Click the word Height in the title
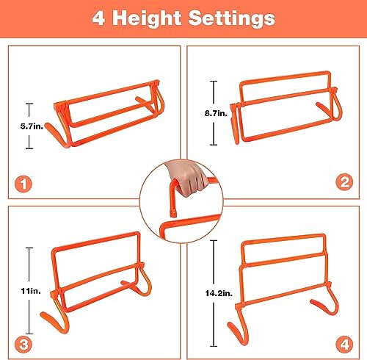coord(147,19)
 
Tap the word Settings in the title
coord(232,18)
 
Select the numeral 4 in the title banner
coord(98,18)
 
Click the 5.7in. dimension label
coord(32,126)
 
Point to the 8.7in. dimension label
coord(216,113)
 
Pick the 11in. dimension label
coord(31,291)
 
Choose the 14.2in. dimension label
coord(219,293)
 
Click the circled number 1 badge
coord(23,184)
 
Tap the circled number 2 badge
coord(344,182)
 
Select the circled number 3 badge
coord(23,345)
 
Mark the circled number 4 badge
coord(344,345)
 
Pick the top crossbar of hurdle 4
coord(284,238)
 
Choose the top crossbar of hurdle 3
coord(96,241)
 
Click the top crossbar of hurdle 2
coord(285,77)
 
